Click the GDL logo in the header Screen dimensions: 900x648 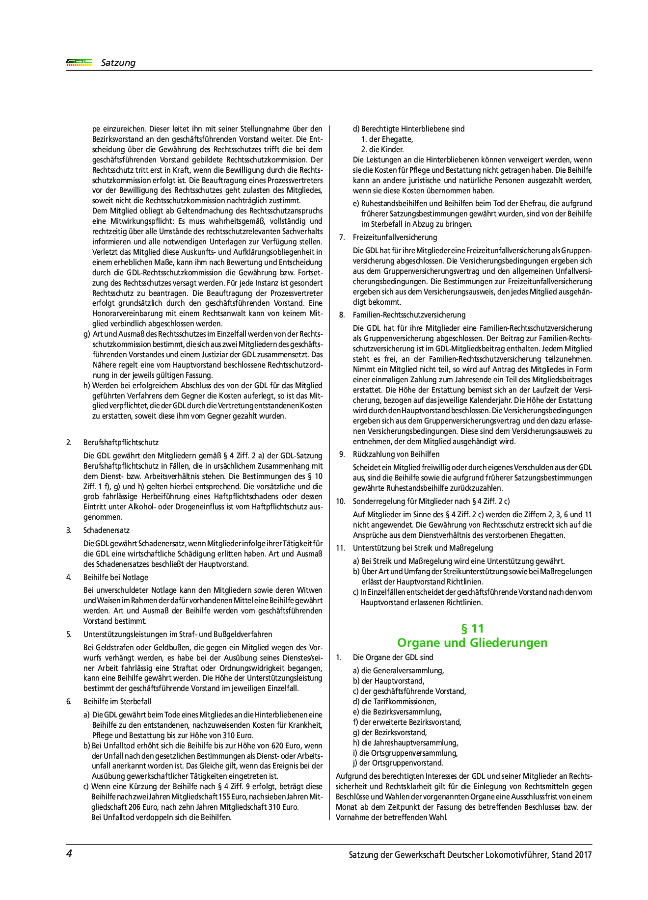[79, 62]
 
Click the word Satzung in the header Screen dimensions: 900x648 [118, 63]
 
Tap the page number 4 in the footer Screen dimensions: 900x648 [69, 853]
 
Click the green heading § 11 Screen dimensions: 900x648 [472, 629]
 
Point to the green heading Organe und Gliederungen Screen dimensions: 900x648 [472, 643]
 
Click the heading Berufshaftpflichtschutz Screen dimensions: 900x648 [121, 443]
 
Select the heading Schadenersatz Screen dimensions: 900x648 [107, 530]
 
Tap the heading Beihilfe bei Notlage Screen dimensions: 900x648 [115, 578]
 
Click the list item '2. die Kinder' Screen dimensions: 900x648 [382, 150]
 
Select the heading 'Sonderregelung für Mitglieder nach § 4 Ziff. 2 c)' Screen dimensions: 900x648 [432, 502]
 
